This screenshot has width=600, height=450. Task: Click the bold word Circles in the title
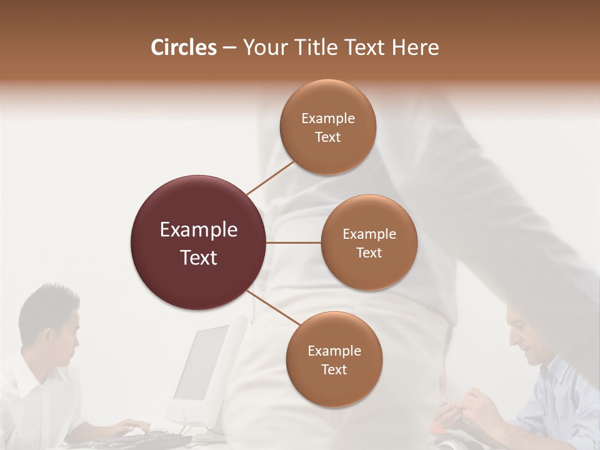184,47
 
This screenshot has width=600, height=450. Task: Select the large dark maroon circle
198,242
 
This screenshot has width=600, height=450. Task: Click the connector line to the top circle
270,177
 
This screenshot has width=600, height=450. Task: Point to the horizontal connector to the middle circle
293,242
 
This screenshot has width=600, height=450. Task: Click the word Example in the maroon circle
199,230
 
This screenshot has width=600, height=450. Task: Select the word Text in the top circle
328,137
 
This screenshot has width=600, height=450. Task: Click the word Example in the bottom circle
334,351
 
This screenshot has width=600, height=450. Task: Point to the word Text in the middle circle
369,253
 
